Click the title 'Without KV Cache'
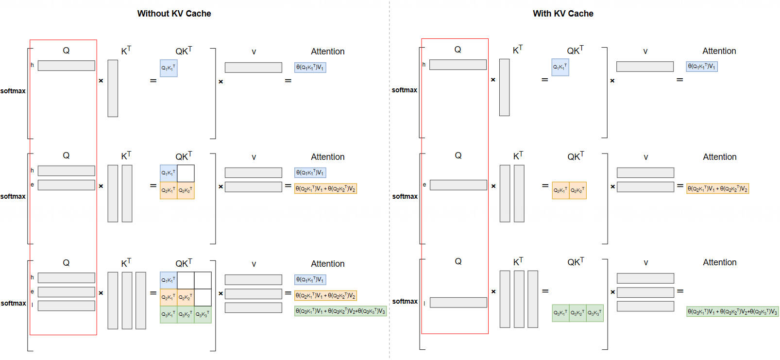tap(174, 14)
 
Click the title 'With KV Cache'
tap(563, 14)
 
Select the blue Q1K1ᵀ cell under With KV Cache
tap(560, 68)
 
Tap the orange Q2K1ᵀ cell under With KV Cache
tap(560, 190)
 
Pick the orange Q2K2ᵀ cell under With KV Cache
tap(577, 190)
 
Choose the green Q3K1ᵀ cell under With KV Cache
tap(560, 313)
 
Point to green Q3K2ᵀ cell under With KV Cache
tap(577, 313)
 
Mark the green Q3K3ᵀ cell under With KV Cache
tap(594, 313)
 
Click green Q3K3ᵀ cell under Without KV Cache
tap(203, 314)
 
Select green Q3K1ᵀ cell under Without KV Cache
tap(169, 314)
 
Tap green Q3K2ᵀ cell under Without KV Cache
tap(186, 314)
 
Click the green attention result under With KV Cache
tap(732, 311)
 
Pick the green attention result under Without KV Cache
tap(340, 311)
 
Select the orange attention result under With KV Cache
tap(717, 189)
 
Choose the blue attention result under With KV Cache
tap(701, 67)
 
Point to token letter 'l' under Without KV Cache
tap(32, 305)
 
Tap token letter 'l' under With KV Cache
tap(424, 303)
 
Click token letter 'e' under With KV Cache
tap(424, 185)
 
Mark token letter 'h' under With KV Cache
tap(424, 65)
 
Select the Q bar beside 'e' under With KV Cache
tap(458, 185)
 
